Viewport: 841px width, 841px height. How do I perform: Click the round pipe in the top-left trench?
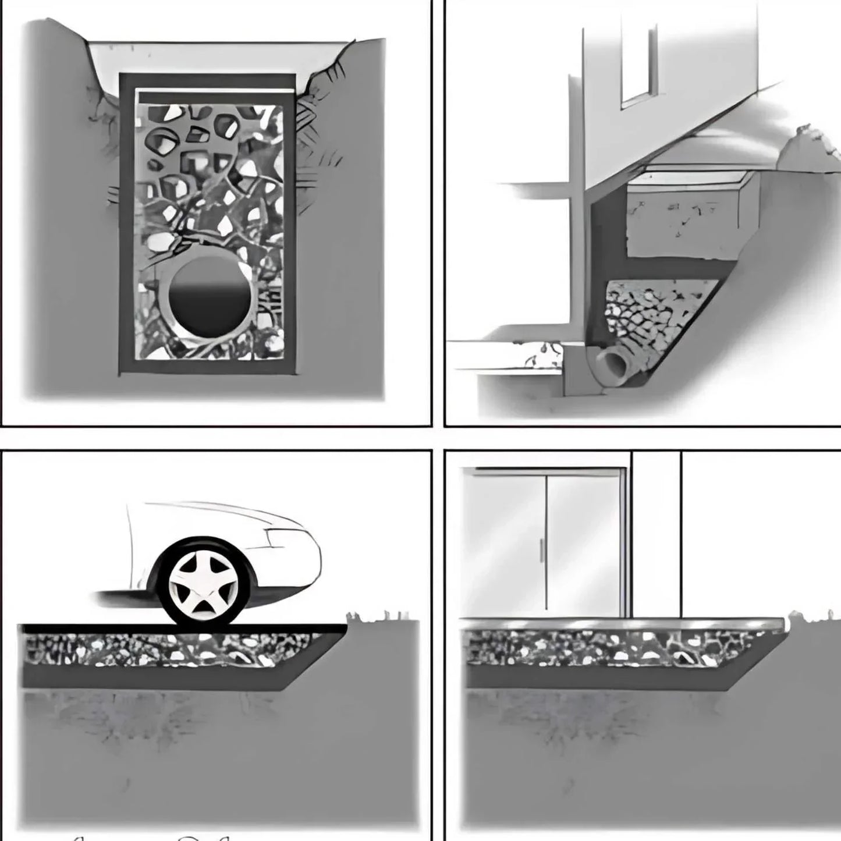coord(209,300)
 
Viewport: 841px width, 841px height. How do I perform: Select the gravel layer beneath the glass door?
coord(611,649)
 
